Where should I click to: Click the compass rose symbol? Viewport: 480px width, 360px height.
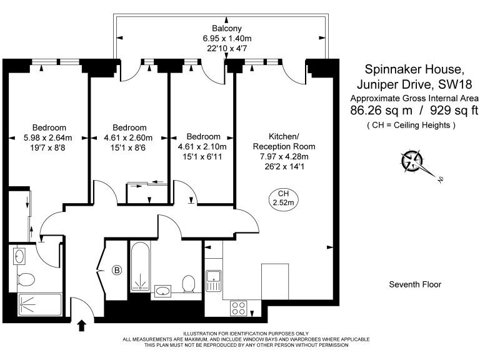(412, 161)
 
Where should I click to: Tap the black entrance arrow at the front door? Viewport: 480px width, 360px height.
(81, 326)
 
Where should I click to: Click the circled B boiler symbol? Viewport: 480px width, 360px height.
(117, 270)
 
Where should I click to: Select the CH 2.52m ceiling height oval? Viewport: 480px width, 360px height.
(284, 198)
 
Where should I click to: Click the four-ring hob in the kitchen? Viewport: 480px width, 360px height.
(239, 308)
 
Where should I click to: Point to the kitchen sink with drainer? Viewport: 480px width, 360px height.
(213, 281)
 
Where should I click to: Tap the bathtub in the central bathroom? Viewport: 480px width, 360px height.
(141, 266)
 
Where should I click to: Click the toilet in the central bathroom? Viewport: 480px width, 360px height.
(189, 283)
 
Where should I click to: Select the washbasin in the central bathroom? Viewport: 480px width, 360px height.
(163, 291)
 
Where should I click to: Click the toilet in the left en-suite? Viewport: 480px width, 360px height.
(26, 279)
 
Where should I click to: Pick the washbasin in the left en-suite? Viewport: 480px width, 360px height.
(19, 256)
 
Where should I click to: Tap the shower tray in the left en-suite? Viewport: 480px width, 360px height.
(40, 304)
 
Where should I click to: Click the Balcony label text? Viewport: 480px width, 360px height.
(227, 29)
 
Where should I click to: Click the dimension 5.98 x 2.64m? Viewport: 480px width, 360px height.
(47, 137)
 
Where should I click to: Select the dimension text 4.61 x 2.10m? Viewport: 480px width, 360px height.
(202, 147)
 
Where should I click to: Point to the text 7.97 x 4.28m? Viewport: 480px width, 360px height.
(284, 156)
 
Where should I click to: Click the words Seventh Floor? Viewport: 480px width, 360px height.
(415, 284)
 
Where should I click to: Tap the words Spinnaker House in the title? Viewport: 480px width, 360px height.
(414, 69)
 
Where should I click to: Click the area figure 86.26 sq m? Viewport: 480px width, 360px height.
(381, 110)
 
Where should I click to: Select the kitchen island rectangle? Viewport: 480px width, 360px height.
(275, 282)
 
